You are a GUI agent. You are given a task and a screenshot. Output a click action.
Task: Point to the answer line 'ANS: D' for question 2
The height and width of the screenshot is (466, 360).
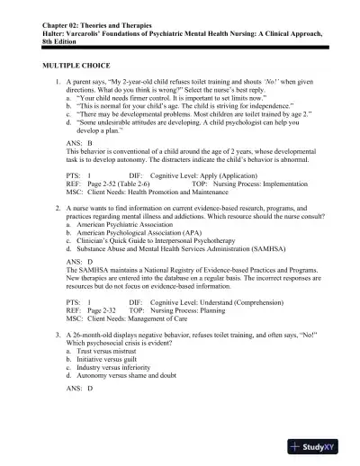tap(80, 262)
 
